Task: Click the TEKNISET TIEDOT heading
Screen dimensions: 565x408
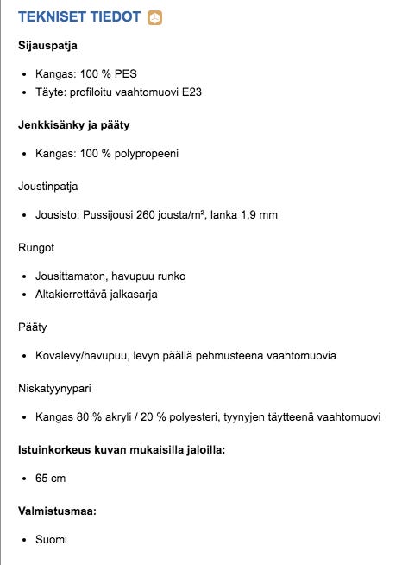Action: [79, 17]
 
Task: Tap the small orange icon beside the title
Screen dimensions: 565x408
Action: [155, 17]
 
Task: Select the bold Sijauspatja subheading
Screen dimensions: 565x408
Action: [49, 44]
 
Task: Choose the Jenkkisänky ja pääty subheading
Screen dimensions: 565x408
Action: [73, 125]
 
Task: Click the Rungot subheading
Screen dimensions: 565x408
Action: [36, 247]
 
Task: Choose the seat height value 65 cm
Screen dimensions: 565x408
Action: [50, 478]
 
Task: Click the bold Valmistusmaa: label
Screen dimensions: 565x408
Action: [57, 511]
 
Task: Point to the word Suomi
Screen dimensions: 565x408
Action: [51, 539]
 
